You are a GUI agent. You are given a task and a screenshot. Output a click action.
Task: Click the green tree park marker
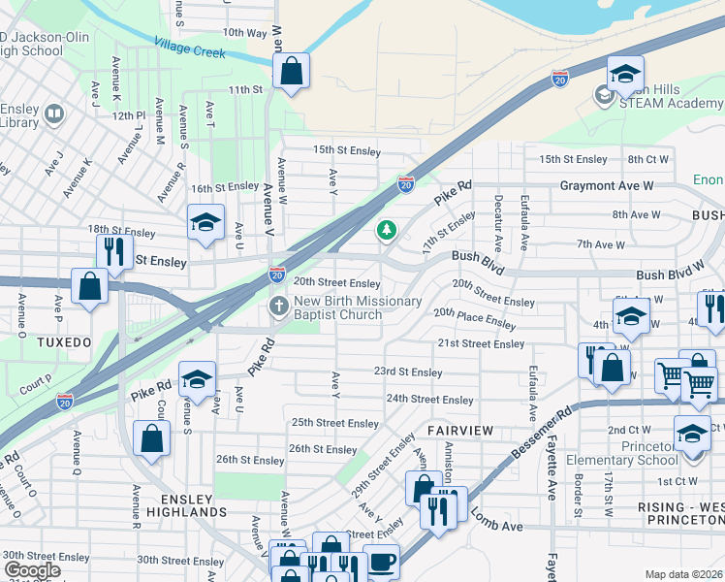(387, 230)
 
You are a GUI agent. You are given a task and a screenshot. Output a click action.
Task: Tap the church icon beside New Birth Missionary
(278, 307)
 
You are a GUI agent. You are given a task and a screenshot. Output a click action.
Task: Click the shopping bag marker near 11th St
(291, 71)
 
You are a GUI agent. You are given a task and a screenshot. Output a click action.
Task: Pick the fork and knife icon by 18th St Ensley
(114, 251)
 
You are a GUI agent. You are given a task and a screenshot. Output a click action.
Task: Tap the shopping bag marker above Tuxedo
(89, 287)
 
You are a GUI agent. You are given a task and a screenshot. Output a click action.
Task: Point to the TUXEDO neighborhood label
(65, 342)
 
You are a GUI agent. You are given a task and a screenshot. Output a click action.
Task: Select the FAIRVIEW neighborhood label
(461, 430)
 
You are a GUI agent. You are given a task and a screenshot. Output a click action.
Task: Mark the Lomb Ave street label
(498, 525)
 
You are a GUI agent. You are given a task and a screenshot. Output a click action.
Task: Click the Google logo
(32, 570)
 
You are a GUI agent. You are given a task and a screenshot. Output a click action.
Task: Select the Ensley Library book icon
(53, 115)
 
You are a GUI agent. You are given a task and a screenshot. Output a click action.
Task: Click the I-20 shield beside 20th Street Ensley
(277, 275)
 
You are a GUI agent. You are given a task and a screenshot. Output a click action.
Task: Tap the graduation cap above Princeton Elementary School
(692, 433)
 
